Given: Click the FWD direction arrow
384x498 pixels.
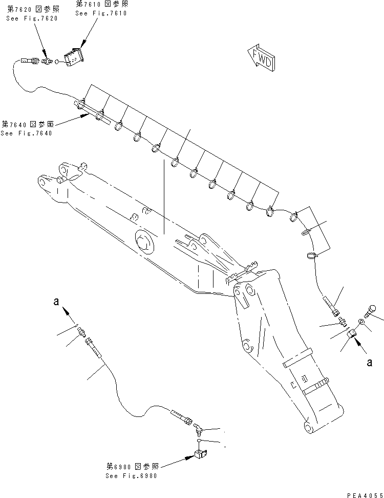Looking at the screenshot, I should tap(261, 57).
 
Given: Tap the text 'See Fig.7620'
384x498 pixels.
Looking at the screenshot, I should tap(32, 18).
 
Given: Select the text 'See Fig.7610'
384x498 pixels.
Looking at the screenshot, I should tap(101, 13).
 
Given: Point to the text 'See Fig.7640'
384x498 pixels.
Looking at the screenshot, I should tap(26, 133).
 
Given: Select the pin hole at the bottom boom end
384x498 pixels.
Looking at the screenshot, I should tap(308, 427).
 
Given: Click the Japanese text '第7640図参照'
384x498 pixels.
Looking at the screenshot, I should tap(26, 124).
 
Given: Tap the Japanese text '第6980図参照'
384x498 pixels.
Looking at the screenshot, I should tap(132, 466).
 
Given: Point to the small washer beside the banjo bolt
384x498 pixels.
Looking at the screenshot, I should tap(361, 322).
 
